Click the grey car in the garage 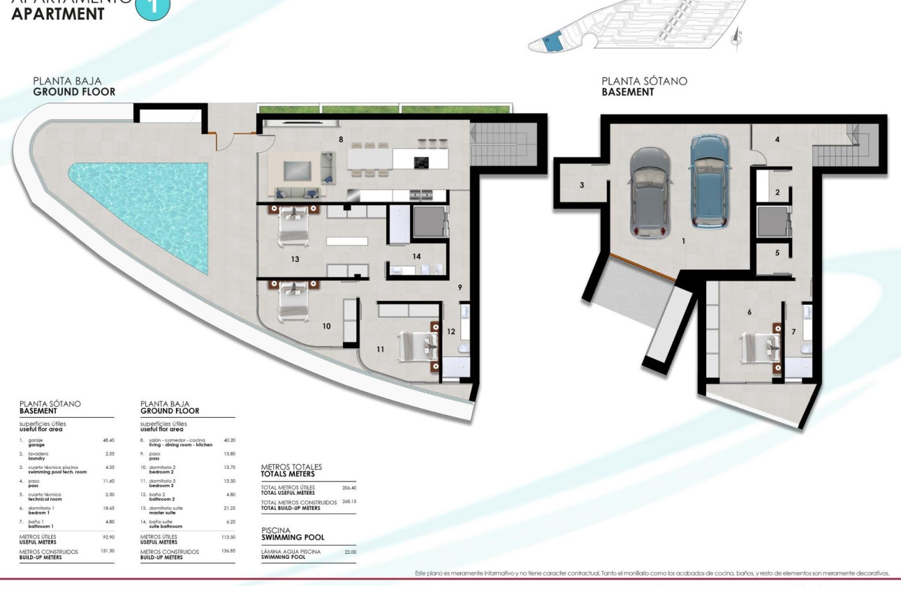click(x=651, y=193)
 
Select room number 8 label click(x=341, y=140)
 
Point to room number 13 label click(x=295, y=259)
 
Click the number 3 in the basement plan click(x=581, y=186)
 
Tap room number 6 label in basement click(x=749, y=312)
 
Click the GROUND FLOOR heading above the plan click(x=74, y=91)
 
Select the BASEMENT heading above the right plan click(x=628, y=91)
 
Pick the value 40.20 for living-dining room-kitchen click(x=229, y=440)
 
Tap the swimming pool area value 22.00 click(x=350, y=552)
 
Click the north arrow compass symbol click(x=735, y=40)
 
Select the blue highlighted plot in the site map click(x=552, y=41)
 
